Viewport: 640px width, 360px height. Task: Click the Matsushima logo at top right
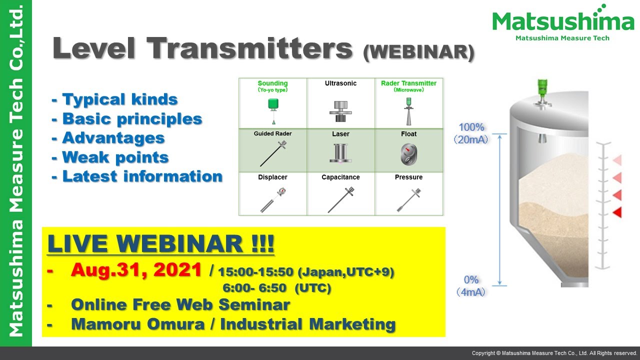[563, 22]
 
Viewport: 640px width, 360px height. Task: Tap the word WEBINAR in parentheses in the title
[418, 51]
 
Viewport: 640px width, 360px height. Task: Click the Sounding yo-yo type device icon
[273, 108]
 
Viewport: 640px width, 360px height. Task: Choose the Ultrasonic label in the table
[340, 83]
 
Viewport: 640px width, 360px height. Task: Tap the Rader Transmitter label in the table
[408, 83]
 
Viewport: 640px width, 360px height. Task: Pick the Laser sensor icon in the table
[340, 153]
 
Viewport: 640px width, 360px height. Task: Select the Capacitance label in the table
[340, 177]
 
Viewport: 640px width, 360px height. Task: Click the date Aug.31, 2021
[136, 270]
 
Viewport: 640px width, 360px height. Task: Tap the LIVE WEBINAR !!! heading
[160, 243]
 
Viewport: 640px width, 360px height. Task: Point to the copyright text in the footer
[554, 353]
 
